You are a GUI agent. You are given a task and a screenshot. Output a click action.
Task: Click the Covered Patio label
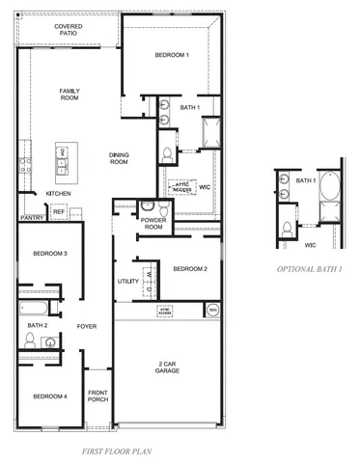point(68,30)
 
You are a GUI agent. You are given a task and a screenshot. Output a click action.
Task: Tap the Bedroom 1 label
point(172,56)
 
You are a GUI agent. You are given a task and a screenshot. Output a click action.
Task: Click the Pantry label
point(32,218)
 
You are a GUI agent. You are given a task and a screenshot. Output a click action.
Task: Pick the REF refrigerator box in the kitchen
point(59,210)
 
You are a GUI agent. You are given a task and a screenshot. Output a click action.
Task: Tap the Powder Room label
point(152,225)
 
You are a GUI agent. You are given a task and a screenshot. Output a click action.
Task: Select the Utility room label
point(128,282)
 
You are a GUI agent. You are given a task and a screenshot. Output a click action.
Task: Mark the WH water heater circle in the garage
point(211,310)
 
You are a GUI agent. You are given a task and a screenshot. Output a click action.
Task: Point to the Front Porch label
point(97,396)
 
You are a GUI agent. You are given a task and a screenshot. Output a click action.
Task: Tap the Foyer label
point(88,326)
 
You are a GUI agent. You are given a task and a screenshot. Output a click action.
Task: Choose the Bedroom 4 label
point(50,396)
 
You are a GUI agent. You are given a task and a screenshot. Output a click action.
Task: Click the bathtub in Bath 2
point(36,310)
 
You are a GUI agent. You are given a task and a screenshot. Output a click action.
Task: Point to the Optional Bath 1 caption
point(309,268)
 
